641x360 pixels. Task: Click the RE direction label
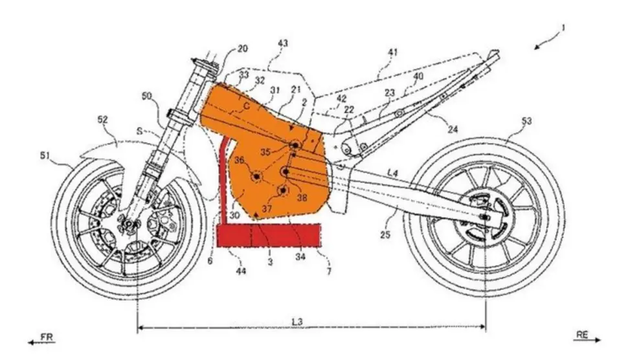581,334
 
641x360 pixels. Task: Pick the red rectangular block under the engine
269,236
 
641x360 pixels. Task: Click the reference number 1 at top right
563,28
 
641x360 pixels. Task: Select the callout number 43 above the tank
283,43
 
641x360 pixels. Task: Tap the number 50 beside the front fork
147,96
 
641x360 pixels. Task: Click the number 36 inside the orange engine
240,160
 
